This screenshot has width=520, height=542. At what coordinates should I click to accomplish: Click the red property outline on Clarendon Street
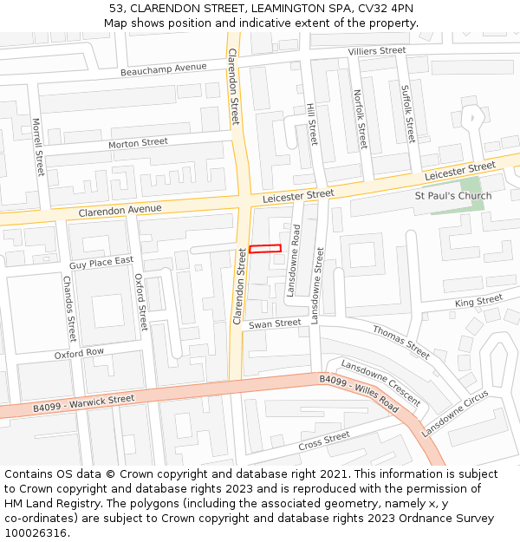click(265, 249)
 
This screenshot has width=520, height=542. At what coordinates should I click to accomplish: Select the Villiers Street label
click(377, 52)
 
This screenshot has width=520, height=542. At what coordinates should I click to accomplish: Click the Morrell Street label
click(37, 147)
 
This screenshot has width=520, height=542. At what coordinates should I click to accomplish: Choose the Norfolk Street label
click(360, 119)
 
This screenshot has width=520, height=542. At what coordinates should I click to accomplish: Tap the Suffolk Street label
click(407, 114)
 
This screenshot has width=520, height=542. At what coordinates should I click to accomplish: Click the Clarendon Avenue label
click(120, 211)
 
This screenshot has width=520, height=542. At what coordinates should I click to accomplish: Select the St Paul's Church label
click(452, 196)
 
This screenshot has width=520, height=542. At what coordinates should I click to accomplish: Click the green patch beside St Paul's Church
click(469, 184)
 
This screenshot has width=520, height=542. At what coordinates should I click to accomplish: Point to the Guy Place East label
click(101, 262)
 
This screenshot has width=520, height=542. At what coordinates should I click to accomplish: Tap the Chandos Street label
click(69, 309)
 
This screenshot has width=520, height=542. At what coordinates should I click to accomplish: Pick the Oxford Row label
click(79, 354)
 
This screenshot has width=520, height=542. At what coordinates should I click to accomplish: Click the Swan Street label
click(275, 324)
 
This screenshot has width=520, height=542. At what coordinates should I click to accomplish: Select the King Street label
click(478, 302)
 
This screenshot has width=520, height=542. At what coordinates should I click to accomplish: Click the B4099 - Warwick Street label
click(84, 402)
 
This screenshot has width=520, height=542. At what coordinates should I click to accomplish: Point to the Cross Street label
click(323, 441)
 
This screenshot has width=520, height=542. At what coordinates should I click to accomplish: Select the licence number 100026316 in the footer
click(36, 533)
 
